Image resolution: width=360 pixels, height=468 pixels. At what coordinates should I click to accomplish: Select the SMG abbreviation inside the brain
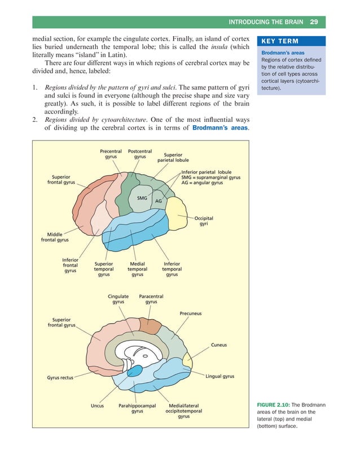pos(142,198)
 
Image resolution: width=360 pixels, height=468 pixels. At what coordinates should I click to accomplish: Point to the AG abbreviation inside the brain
pos(159,201)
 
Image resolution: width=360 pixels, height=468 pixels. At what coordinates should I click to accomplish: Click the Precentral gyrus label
pos(111,154)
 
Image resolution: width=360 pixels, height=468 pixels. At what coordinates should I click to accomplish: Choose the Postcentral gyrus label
pos(140,154)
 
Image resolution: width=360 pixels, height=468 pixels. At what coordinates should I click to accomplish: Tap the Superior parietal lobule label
pos(173,157)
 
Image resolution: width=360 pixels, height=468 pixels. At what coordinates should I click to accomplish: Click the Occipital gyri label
pos(204,221)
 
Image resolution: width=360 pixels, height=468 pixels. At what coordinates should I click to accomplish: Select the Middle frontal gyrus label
pos(55,237)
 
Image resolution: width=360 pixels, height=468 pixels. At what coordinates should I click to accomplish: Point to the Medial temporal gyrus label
pos(137,269)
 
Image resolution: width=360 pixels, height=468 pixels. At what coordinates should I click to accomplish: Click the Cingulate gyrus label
pos(118,299)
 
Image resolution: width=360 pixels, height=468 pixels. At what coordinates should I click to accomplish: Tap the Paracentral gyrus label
pos(151,299)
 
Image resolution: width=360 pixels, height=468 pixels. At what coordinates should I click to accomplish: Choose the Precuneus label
pos(191,314)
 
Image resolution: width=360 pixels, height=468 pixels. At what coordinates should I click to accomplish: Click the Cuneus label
pos(219,345)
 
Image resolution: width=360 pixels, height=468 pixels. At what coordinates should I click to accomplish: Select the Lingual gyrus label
pos(220,376)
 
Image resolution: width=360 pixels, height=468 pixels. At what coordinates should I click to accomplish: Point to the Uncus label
pos(97,405)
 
